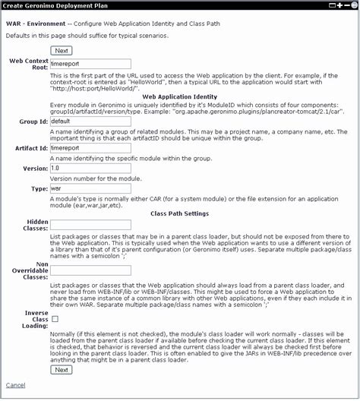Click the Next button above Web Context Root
62,51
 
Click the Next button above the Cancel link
62,370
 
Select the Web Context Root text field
90,65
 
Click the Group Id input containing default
90,120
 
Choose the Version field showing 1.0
90,168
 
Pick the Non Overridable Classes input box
90,270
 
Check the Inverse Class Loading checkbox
54,320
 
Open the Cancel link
15,386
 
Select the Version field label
33,168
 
